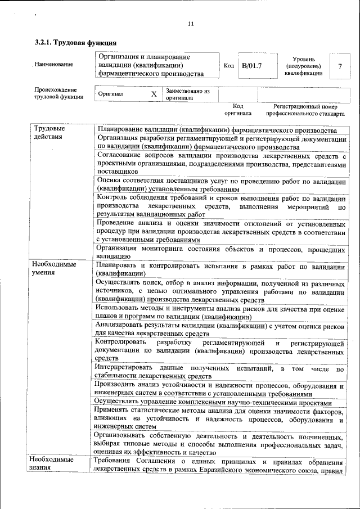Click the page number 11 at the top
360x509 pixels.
pos(190,24)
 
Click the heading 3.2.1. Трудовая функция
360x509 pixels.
pos(75,43)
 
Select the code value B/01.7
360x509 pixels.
pos(251,66)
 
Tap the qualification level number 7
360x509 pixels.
pos(339,66)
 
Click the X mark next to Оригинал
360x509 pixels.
pos(153,94)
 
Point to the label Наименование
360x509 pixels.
pos(53,65)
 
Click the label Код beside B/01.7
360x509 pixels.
pos(228,66)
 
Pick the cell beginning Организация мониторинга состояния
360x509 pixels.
pos(219,253)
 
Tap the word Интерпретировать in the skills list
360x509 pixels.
pos(123,368)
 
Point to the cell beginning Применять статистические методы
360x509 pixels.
pos(219,418)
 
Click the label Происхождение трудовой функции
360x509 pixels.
pos(58,93)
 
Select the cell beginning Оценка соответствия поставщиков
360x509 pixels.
pos(219,185)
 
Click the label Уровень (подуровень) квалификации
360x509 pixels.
pos(303,66)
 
